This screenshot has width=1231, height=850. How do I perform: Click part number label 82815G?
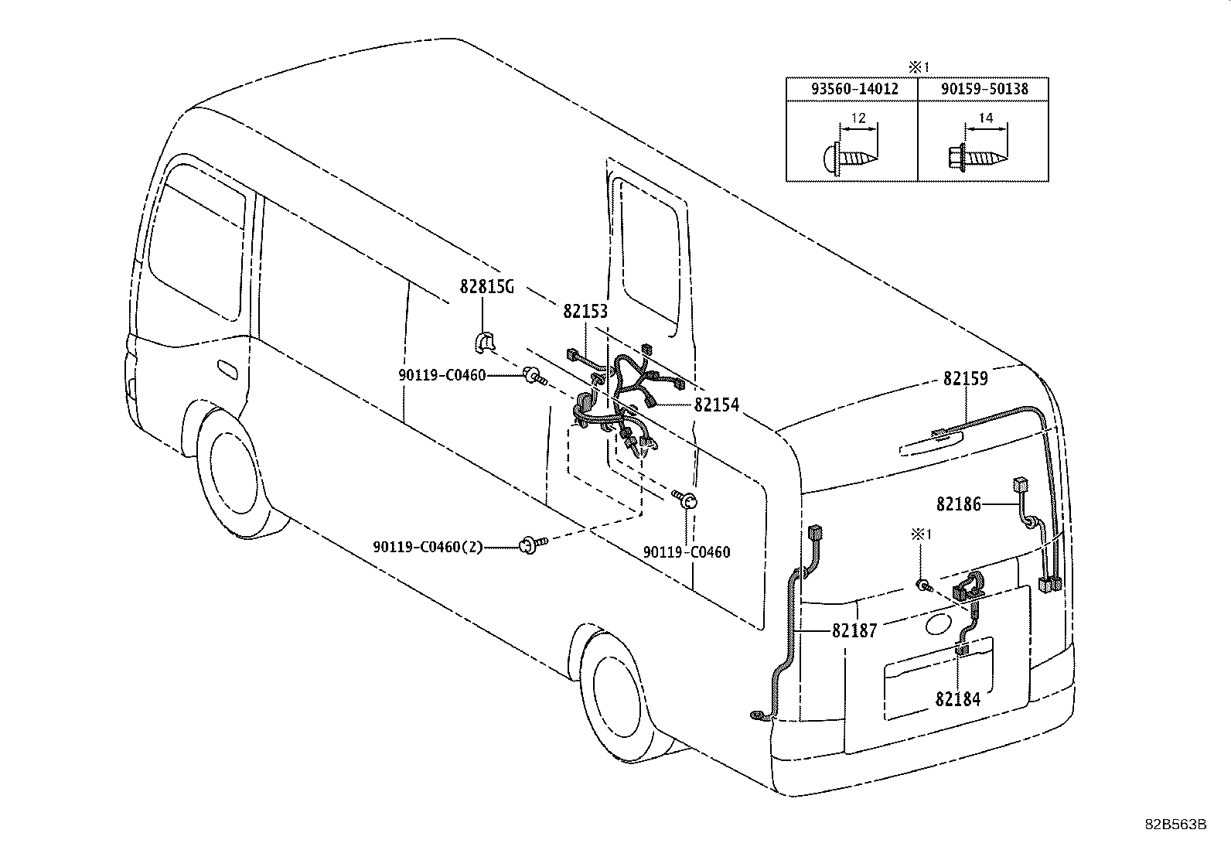(x=486, y=288)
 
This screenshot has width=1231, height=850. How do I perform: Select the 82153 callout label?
(x=585, y=311)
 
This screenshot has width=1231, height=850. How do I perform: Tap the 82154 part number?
(x=716, y=405)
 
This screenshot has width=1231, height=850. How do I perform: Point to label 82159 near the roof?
(x=965, y=379)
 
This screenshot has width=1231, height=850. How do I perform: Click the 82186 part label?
(x=958, y=504)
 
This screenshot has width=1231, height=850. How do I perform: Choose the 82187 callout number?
(x=854, y=631)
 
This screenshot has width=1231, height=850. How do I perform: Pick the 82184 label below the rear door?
(x=957, y=699)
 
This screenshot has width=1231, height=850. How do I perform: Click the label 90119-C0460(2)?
(x=428, y=548)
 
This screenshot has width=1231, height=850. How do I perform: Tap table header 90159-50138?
(x=984, y=89)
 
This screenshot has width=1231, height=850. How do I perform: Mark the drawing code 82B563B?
(x=1175, y=824)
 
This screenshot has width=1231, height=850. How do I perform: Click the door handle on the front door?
(x=228, y=369)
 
